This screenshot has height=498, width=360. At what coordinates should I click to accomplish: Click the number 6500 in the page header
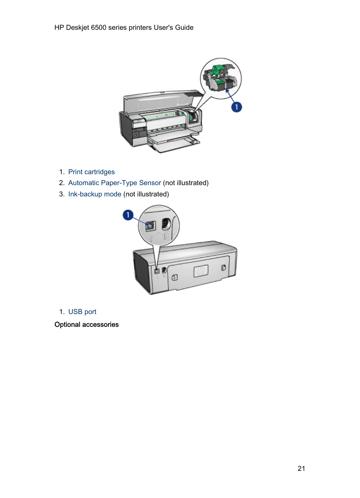coord(98,28)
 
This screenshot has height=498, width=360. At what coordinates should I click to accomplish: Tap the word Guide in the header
coord(184,28)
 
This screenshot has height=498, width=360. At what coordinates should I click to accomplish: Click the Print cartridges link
coord(91,172)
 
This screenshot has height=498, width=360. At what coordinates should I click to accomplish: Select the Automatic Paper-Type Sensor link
coord(114,183)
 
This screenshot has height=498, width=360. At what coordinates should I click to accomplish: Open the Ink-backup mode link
coord(95,194)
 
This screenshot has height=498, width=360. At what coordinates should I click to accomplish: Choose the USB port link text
coord(82,312)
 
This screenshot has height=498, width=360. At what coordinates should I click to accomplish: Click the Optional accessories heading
coord(86,325)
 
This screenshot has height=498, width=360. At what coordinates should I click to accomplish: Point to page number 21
coord(301,468)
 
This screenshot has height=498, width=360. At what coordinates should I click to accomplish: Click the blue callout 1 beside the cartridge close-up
coord(237,107)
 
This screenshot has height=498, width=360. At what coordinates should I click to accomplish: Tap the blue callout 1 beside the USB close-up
coord(128,215)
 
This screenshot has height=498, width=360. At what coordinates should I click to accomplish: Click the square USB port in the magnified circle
coord(151,226)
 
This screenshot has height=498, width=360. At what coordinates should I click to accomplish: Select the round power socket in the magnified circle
coord(166,224)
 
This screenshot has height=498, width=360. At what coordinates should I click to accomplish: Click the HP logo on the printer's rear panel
coord(201,271)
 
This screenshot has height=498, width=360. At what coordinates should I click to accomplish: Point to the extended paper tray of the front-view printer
coord(174,144)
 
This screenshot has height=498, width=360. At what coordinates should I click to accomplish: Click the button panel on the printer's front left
coord(139,132)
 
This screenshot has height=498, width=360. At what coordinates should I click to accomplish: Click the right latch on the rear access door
coord(223,267)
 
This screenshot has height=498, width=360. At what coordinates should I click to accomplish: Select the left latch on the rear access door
coord(175,277)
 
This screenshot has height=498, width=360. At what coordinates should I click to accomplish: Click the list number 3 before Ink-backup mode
coord(62,194)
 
